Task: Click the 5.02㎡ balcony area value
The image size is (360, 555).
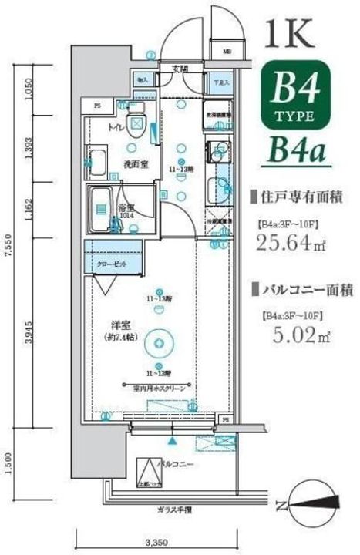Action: (290, 335)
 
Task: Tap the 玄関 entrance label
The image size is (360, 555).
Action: (180, 69)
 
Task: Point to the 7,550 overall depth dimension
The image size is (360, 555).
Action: (9, 254)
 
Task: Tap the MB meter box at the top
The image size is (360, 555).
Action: (226, 52)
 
